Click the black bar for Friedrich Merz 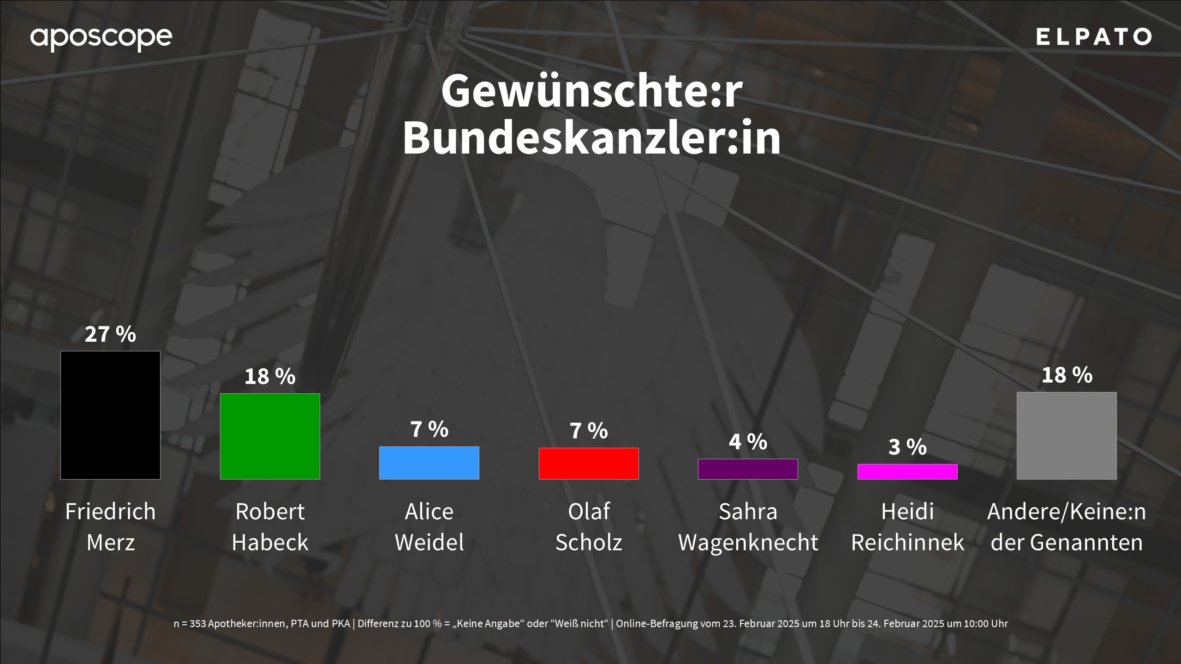click(110, 415)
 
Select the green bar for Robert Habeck click(270, 436)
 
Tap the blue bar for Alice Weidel click(429, 462)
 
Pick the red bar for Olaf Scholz click(589, 463)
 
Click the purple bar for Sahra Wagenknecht click(748, 469)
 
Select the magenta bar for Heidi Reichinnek click(907, 471)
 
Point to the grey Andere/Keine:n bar click(1067, 435)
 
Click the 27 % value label click(110, 334)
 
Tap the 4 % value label click(748, 442)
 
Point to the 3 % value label click(907, 447)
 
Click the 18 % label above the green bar click(270, 376)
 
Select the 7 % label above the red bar click(589, 431)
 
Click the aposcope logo click(101, 38)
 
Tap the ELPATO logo click(1093, 37)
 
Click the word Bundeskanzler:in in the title click(591, 138)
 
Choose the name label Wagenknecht click(748, 542)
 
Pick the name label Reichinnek click(907, 542)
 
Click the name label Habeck click(270, 542)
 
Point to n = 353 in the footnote click(190, 624)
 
